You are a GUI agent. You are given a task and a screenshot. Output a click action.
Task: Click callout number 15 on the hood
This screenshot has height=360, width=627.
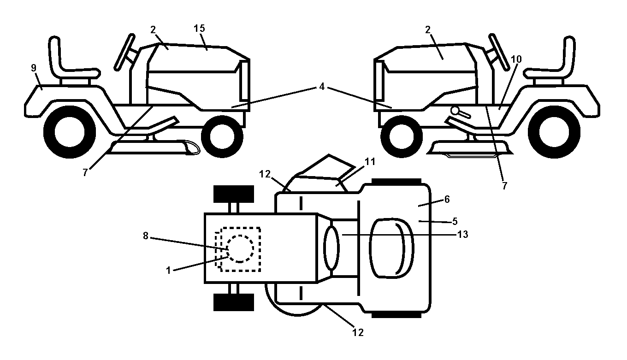click(199, 28)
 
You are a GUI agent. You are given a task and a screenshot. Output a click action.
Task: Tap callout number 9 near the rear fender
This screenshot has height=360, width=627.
click(34, 68)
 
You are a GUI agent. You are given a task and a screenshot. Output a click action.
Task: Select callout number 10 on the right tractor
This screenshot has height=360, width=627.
click(516, 59)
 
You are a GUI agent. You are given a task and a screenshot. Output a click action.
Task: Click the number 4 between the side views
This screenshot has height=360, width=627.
click(322, 87)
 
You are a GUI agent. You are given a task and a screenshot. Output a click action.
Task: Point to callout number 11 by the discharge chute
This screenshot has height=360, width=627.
click(370, 162)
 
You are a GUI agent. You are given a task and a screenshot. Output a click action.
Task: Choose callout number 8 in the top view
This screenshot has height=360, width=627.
click(146, 236)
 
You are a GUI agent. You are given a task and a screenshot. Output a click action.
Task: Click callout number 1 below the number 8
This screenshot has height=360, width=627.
click(168, 271)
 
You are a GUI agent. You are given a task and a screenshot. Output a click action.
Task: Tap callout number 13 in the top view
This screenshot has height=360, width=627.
click(463, 234)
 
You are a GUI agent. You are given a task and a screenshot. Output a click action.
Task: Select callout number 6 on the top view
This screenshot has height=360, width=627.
click(447, 199)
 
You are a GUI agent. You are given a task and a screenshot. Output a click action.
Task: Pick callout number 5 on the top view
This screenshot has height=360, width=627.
click(455, 221)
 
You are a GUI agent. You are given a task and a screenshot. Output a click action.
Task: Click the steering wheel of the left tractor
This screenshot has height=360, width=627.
click(124, 52)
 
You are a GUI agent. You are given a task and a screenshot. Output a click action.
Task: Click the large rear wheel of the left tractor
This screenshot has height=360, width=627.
click(70, 132)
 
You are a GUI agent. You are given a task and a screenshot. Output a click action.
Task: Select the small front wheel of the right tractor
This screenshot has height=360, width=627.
click(402, 137)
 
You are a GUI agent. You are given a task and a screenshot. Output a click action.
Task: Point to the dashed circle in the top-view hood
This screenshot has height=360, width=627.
click(240, 248)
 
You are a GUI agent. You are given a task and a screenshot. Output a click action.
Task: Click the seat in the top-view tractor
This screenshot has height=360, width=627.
click(392, 248)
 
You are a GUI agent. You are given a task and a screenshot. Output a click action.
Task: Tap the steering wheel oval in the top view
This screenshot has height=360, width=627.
click(331, 248)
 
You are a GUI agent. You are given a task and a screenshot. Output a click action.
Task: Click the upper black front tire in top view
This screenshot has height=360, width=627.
click(234, 194)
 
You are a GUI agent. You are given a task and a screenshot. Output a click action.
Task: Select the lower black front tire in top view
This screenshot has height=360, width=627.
click(234, 302)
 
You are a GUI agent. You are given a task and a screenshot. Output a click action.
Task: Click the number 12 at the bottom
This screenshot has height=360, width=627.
click(358, 332)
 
